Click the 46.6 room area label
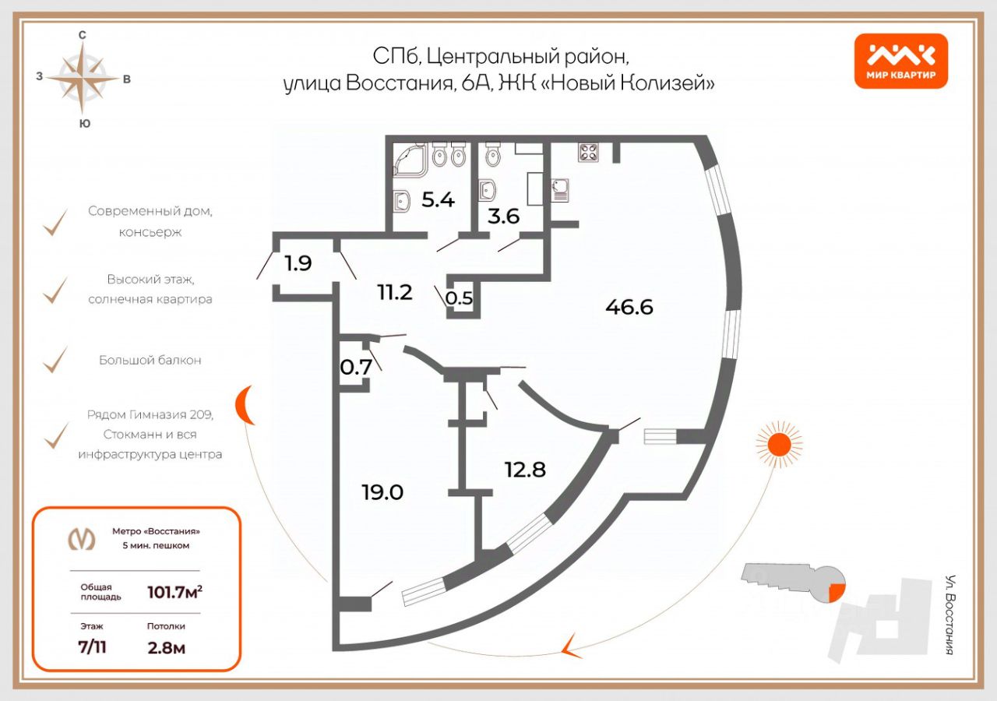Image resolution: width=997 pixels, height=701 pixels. click(629, 307)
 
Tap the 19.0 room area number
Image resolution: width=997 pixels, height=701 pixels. click(382, 493)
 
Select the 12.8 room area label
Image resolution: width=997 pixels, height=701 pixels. click(525, 470)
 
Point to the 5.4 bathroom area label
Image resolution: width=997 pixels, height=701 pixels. click(438, 200)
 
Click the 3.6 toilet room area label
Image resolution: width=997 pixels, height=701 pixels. click(503, 217)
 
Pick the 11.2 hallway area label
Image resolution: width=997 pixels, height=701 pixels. click(395, 292)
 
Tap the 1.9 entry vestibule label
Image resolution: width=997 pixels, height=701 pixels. click(298, 263)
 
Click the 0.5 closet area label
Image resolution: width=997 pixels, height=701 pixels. click(459, 298)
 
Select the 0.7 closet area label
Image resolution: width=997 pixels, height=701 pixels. click(356, 367)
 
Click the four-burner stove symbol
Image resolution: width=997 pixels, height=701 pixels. click(588, 153)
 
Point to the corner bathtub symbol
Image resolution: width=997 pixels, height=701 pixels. click(410, 160)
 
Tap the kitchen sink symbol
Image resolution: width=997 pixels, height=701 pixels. click(559, 189)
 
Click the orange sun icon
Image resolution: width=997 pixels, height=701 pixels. click(779, 444)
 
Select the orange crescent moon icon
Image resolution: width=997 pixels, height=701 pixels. click(244, 404)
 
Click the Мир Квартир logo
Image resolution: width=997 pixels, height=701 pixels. click(901, 61)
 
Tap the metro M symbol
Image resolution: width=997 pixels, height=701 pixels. click(82, 538)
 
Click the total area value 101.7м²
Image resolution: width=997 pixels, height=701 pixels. click(174, 593)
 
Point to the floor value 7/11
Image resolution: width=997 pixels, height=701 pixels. click(92, 647)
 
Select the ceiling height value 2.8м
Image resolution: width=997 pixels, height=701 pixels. click(167, 648)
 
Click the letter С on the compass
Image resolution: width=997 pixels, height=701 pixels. click(82, 35)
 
